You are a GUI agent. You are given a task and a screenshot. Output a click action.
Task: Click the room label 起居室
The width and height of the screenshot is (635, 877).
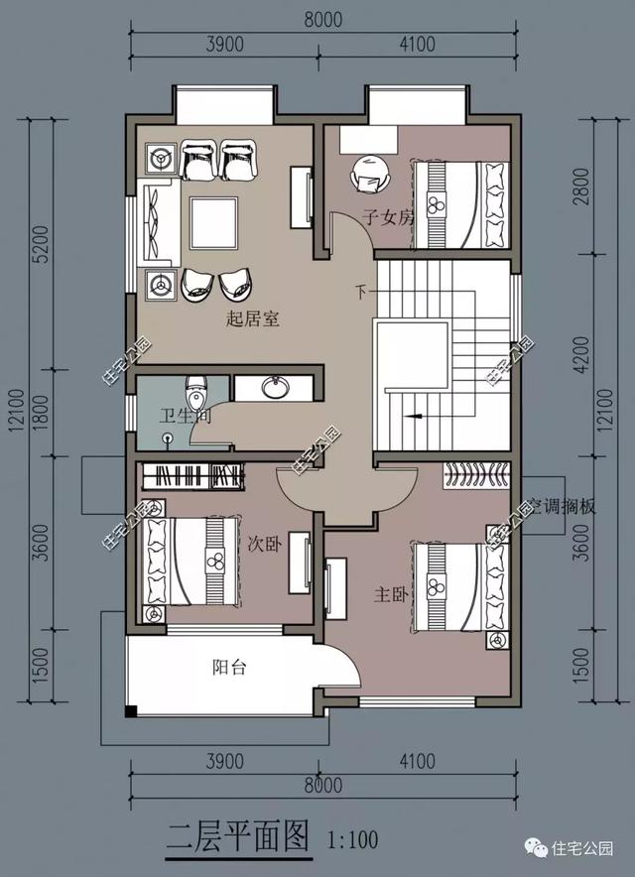(x=252, y=318)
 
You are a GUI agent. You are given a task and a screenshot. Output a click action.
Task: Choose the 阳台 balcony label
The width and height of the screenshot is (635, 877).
(x=229, y=668)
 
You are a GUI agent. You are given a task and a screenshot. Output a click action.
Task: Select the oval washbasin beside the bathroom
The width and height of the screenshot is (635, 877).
(x=275, y=386)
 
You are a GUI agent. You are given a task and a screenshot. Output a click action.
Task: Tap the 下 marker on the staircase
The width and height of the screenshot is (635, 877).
(x=360, y=292)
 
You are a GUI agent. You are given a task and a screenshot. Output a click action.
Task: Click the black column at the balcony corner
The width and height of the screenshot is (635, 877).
(x=131, y=709)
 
